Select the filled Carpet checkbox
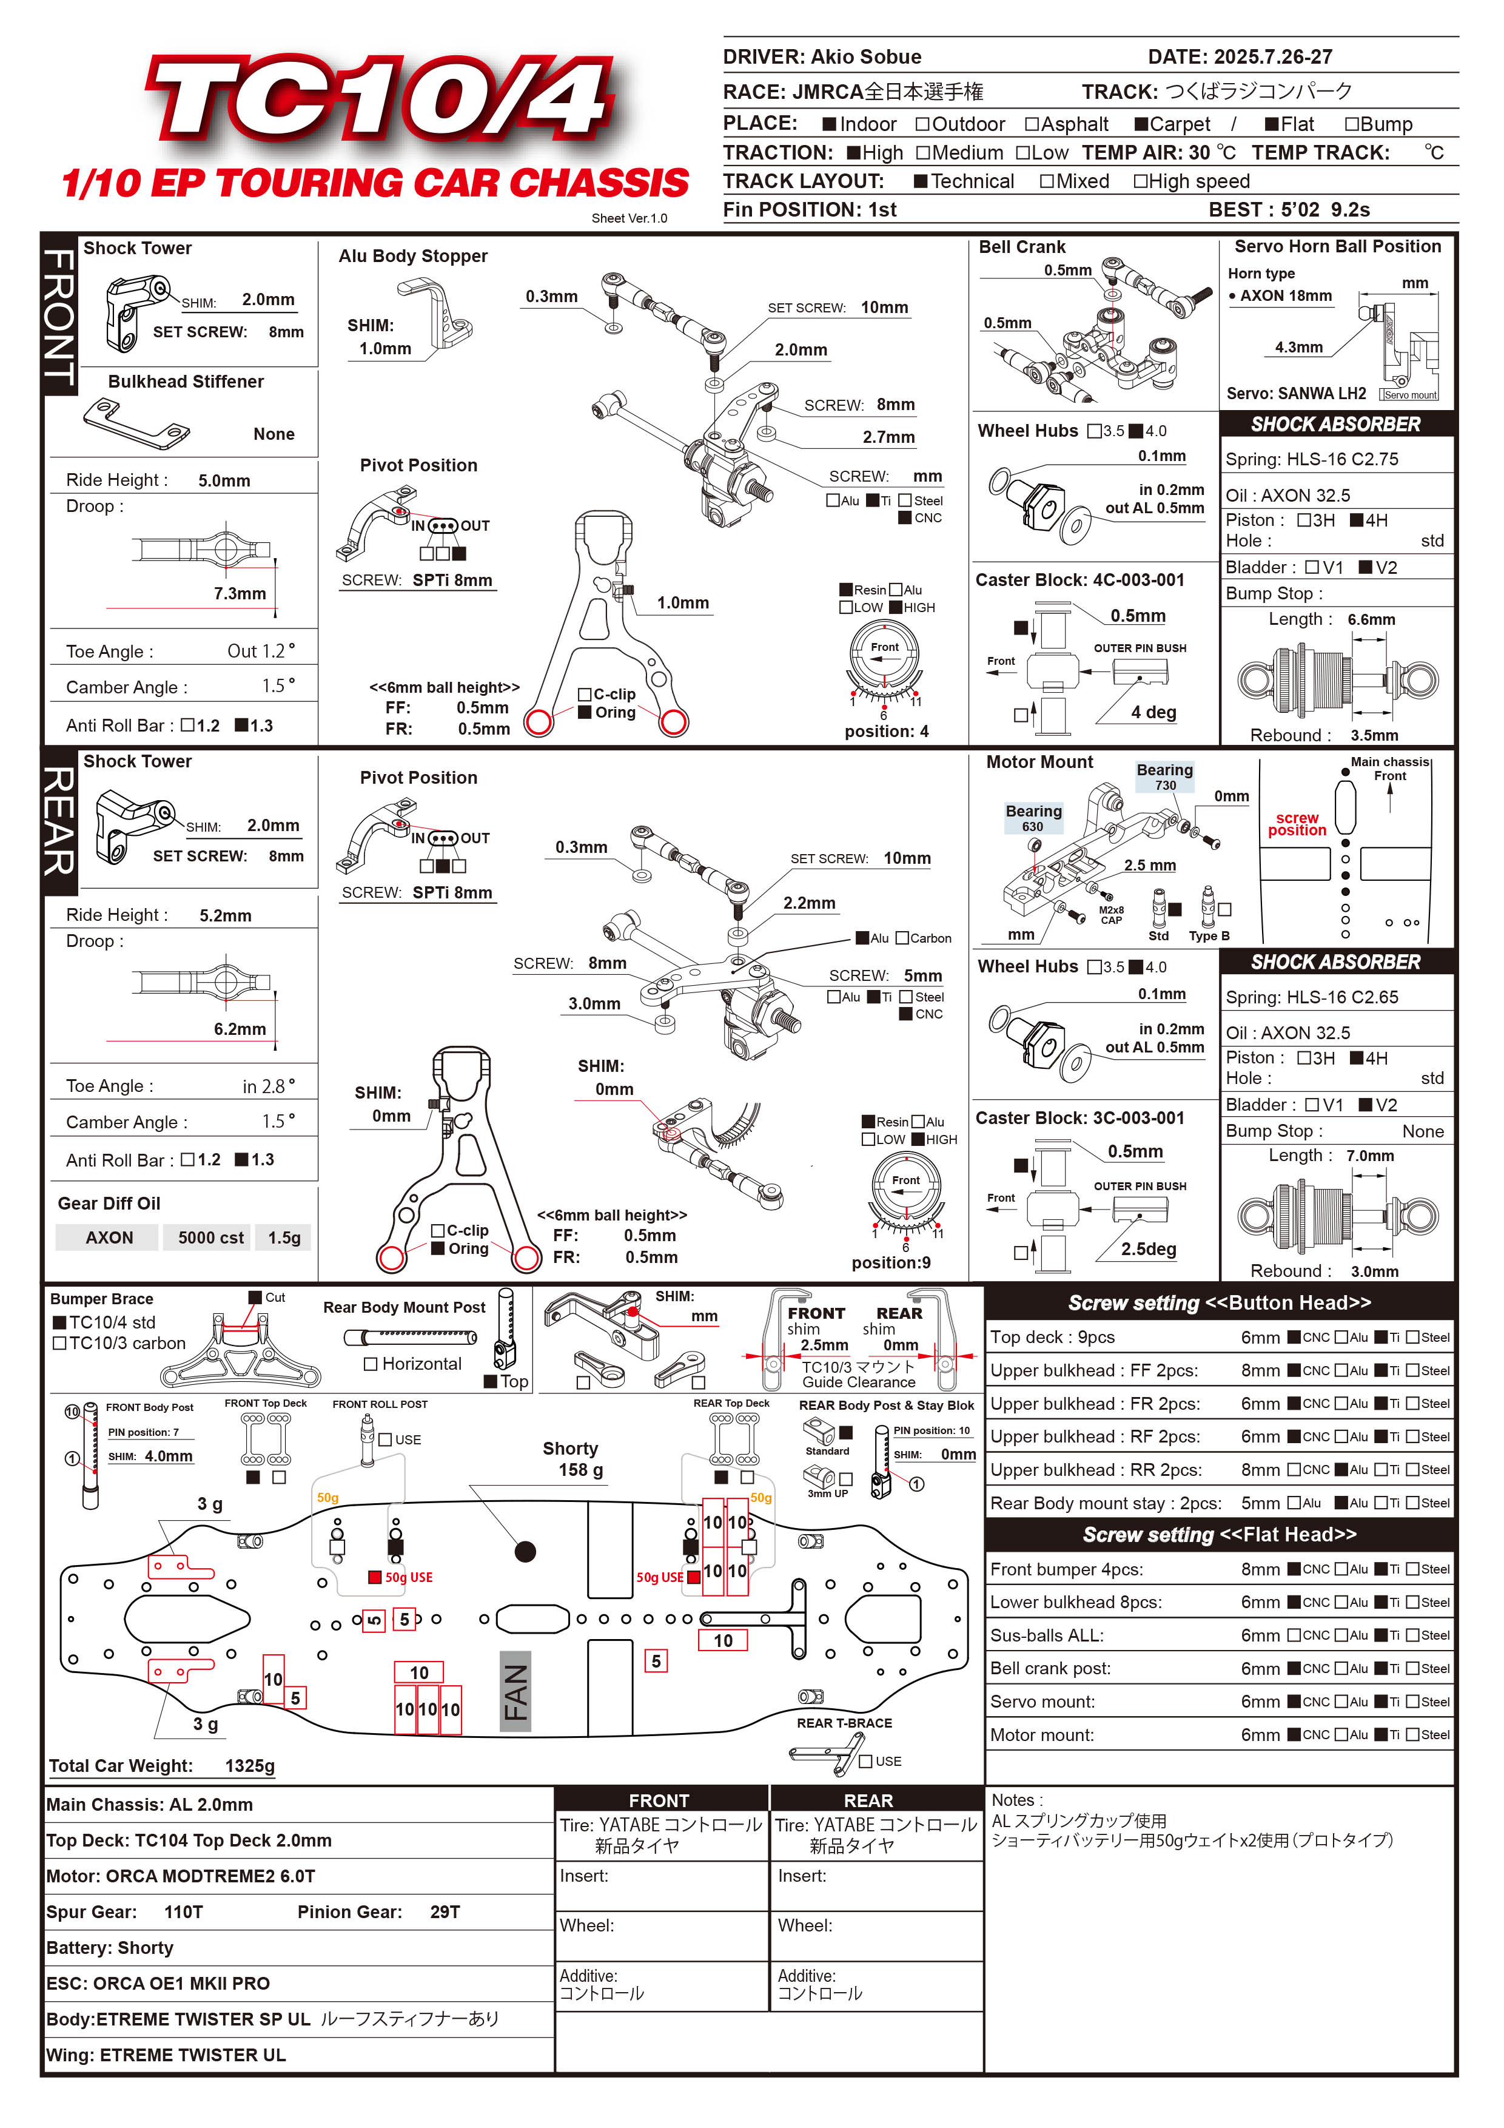[1143, 124]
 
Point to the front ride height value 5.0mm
[224, 481]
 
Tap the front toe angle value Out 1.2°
[260, 652]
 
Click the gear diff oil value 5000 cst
[211, 1238]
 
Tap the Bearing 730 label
[1165, 776]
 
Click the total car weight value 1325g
[250, 1766]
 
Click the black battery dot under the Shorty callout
[525, 1552]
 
